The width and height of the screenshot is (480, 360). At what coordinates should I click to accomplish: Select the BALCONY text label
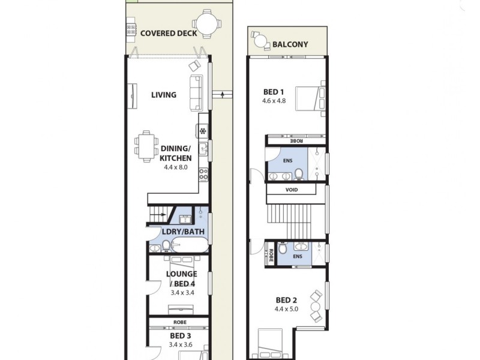(x=290, y=44)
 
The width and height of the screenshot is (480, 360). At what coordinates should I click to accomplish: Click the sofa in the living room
(x=196, y=93)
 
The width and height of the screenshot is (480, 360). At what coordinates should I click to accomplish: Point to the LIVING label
(x=163, y=95)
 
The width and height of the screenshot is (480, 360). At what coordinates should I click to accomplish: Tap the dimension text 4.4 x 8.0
(x=175, y=167)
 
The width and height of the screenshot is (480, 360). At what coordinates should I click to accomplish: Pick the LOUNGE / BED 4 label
(x=181, y=278)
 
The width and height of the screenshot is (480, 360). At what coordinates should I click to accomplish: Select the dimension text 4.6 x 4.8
(x=274, y=101)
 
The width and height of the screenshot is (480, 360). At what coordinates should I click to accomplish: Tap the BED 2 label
(x=286, y=300)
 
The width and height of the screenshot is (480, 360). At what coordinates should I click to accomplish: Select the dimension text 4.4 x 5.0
(x=286, y=309)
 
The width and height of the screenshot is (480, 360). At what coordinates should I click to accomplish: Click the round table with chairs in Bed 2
(x=315, y=307)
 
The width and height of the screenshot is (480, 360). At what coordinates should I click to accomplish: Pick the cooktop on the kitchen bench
(x=203, y=175)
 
